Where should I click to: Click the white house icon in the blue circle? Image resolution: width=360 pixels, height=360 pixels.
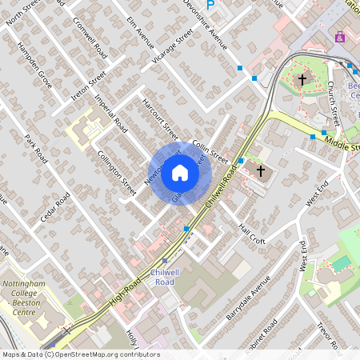click(x=180, y=173)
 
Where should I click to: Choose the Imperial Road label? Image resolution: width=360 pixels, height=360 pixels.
click(x=110, y=114)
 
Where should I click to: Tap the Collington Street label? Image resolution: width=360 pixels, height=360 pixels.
click(x=117, y=169)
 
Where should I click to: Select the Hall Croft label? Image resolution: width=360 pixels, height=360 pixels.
click(x=251, y=234)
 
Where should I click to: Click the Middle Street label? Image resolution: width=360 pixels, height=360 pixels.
click(x=342, y=143)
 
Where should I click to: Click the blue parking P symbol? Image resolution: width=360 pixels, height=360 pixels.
click(x=211, y=4)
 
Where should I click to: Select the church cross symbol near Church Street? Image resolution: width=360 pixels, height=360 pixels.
click(x=302, y=79)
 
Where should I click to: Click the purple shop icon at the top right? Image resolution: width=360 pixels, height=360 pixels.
click(x=341, y=37)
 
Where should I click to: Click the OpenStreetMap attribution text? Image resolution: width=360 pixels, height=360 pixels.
click(x=80, y=354)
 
